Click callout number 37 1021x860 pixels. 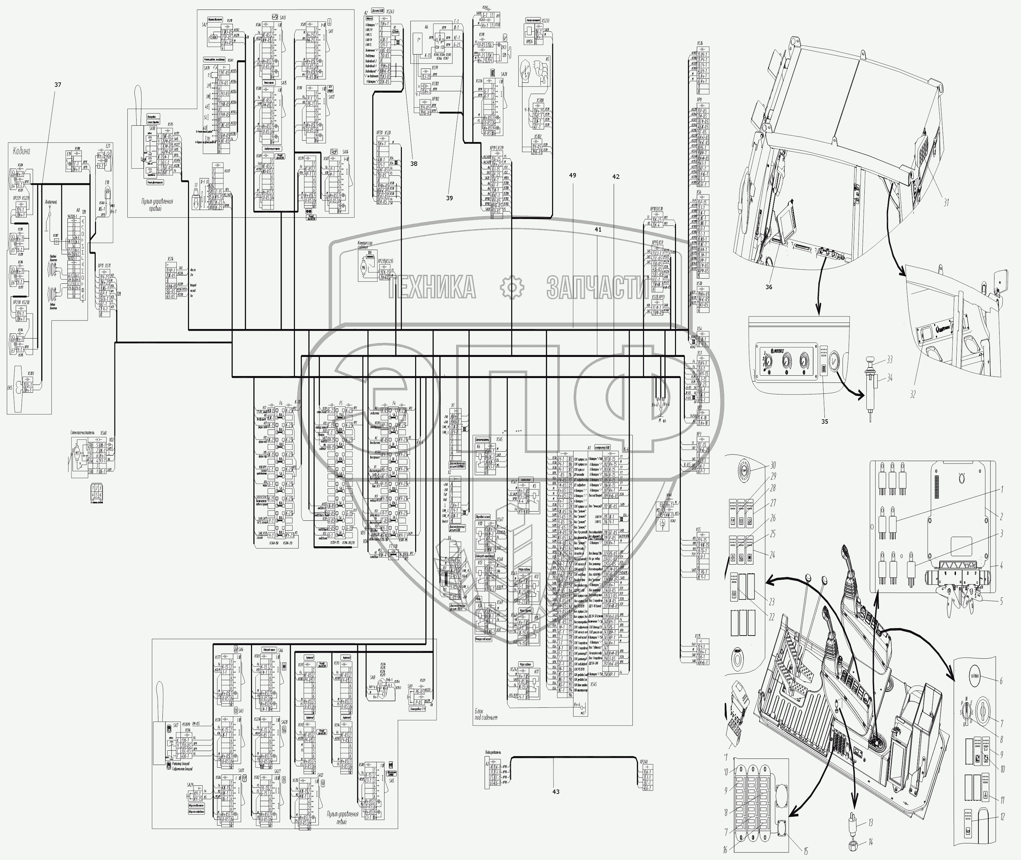(x=58, y=85)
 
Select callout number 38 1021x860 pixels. (x=413, y=164)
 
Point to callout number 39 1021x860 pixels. (x=449, y=198)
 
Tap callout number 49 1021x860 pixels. (x=572, y=175)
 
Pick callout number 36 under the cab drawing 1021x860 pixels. (x=769, y=287)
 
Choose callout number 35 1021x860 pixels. (x=824, y=421)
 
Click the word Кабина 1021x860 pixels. (x=21, y=151)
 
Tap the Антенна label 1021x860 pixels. (x=51, y=202)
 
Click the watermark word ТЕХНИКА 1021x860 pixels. (x=432, y=287)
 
